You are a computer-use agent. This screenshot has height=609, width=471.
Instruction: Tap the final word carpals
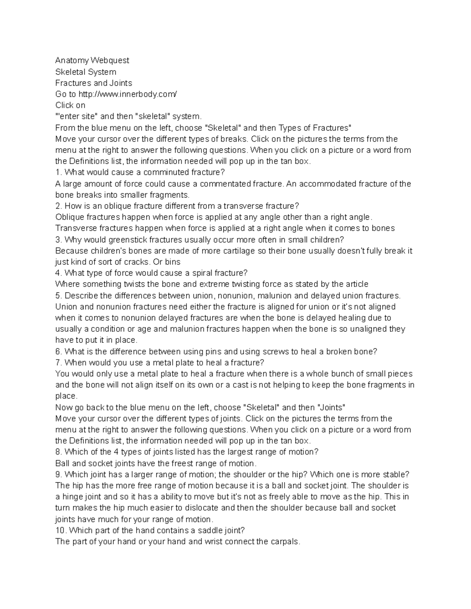coord(285,542)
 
